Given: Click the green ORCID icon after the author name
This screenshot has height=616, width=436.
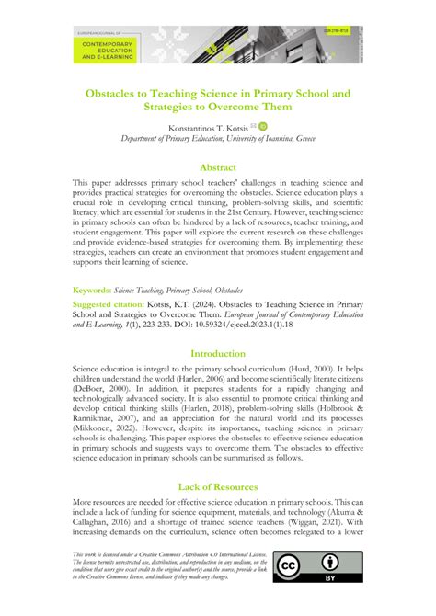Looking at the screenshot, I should click(x=262, y=127).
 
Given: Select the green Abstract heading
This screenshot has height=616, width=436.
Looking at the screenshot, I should click(x=218, y=167).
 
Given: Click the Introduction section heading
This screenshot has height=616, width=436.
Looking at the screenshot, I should click(x=218, y=353).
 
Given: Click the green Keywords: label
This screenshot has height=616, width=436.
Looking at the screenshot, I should click(x=92, y=290).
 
